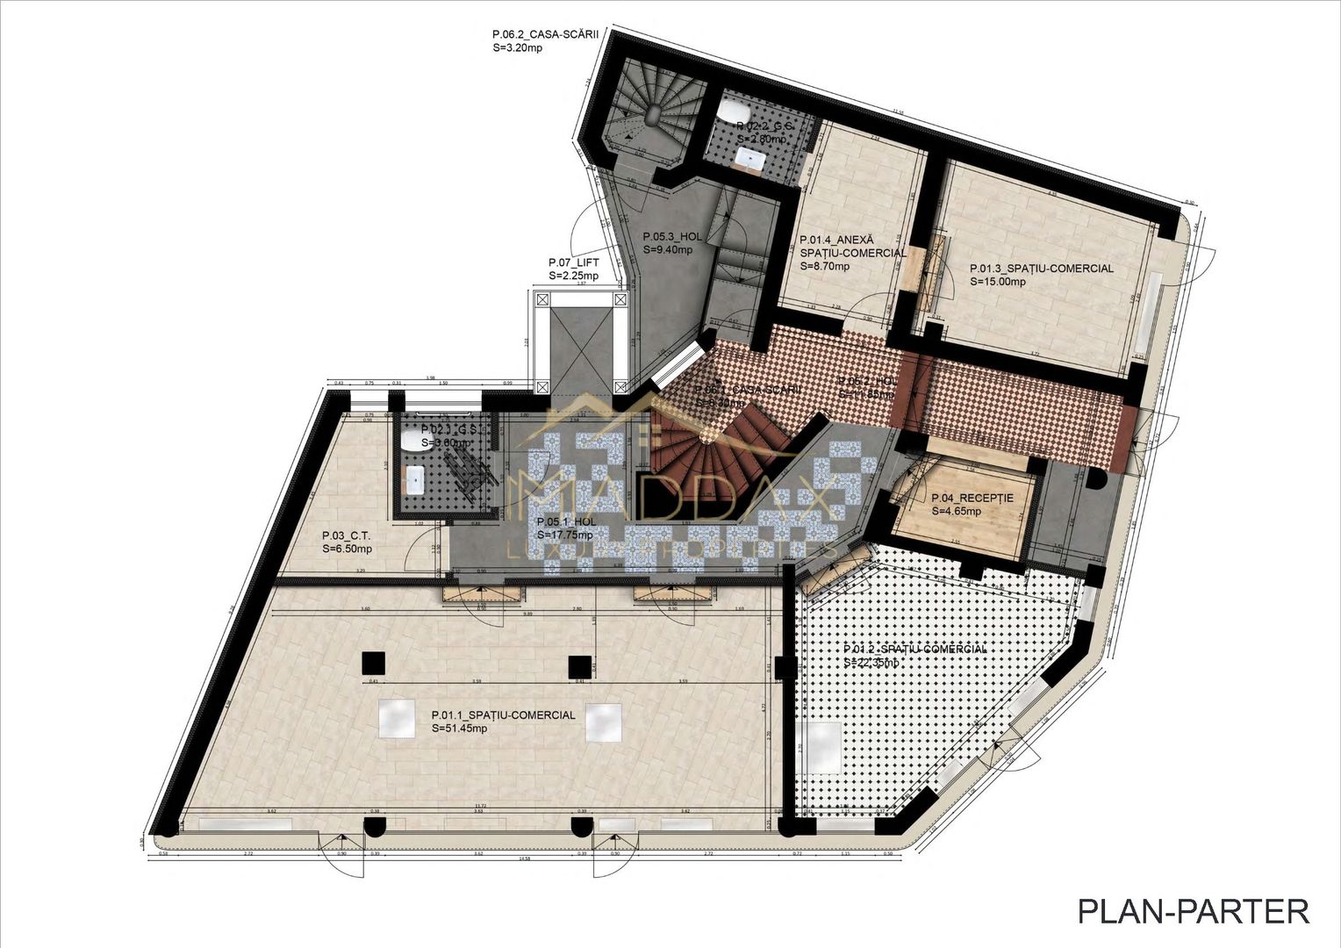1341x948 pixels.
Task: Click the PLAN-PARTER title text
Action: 1193,910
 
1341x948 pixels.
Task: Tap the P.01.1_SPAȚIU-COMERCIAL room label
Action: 503,715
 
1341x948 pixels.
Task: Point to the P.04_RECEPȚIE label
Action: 972,498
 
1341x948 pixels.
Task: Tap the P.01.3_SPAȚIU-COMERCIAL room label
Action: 1041,269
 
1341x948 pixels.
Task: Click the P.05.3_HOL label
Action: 672,236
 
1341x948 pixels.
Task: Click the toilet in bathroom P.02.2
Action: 732,113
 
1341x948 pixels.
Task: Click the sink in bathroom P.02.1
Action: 416,479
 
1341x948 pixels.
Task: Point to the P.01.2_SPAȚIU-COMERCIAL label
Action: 914,649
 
